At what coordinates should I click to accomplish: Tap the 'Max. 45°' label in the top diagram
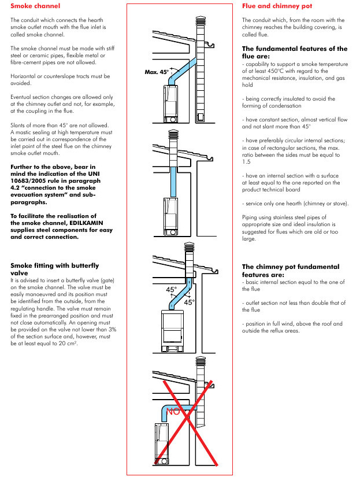click(x=157, y=73)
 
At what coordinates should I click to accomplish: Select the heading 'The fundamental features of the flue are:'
click(x=295, y=53)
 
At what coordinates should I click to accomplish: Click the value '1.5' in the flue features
click(x=246, y=163)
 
